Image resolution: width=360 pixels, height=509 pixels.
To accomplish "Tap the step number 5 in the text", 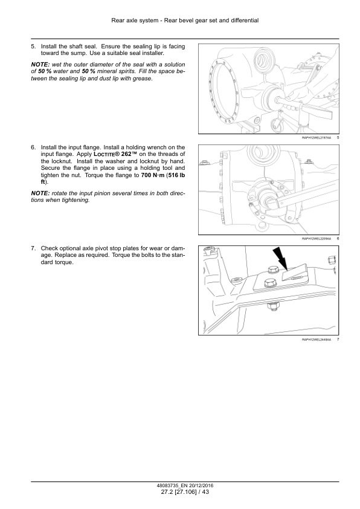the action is tap(33, 47).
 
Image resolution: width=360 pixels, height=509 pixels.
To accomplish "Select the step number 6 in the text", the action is tap(33, 148).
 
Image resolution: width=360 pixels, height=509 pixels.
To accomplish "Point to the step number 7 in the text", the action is tap(33, 248).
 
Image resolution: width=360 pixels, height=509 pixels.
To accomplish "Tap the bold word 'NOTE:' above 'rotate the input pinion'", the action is tap(40, 193).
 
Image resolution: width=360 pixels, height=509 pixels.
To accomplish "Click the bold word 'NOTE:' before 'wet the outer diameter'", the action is tap(40, 65).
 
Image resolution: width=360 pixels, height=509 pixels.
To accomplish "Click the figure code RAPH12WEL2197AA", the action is tap(317, 138).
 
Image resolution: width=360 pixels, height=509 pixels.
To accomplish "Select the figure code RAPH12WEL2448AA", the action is tap(317, 340).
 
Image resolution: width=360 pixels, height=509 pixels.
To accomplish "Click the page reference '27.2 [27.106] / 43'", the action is tap(185, 492).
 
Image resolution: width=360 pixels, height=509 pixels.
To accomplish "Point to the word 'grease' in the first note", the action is tap(142, 79).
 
